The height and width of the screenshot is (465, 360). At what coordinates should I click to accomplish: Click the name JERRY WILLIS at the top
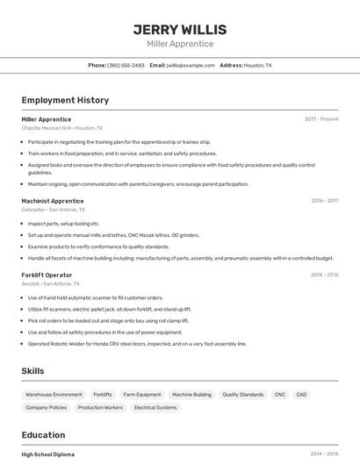click(x=180, y=29)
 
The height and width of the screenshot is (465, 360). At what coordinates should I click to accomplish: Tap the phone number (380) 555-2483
click(x=126, y=65)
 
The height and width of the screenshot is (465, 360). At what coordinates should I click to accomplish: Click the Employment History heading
click(x=65, y=100)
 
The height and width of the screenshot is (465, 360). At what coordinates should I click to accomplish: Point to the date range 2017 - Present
click(x=321, y=119)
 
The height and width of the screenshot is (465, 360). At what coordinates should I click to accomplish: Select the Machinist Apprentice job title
click(x=53, y=201)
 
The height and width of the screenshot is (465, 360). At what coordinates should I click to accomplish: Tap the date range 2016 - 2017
click(x=324, y=201)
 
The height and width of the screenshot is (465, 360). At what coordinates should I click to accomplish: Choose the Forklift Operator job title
click(x=47, y=275)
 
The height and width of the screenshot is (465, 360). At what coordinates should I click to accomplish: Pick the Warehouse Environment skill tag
click(x=54, y=395)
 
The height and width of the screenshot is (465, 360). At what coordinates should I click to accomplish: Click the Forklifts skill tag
click(x=103, y=395)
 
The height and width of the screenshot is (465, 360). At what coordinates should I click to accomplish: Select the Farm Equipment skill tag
click(x=142, y=395)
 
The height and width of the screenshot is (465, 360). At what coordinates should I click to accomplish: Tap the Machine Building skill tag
click(x=191, y=395)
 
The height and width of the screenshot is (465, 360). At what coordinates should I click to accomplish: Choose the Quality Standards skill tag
click(x=242, y=395)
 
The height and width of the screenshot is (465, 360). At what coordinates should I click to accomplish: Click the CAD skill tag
click(x=301, y=395)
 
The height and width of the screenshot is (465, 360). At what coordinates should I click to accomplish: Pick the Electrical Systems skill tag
click(x=155, y=407)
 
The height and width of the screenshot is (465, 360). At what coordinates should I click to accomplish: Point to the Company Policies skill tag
click(x=46, y=407)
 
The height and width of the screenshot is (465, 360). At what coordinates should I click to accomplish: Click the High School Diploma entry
click(x=48, y=454)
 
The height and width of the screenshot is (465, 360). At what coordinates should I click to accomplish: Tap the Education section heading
click(x=43, y=435)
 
